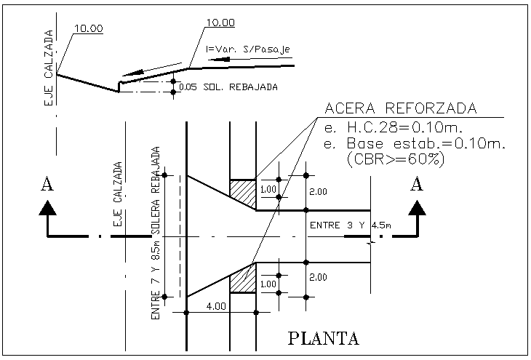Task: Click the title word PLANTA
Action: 324,338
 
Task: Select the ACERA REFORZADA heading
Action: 400,109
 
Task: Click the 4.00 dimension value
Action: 217,307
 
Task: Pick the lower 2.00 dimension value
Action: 319,278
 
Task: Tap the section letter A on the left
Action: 47,185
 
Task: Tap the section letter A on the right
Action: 417,185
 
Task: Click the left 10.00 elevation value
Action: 89,28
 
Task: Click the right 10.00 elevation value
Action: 220,23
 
